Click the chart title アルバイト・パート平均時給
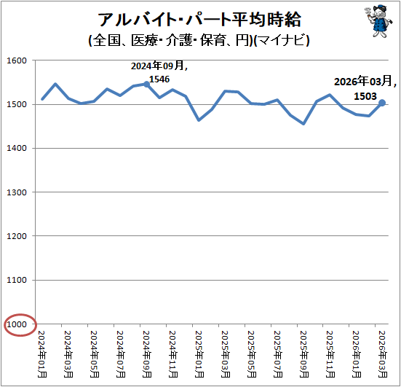point(199,20)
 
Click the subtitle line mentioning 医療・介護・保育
point(199,40)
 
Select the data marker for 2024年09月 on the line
point(146,85)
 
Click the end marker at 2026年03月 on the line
point(382,103)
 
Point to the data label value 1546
point(159,79)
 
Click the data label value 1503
point(365,96)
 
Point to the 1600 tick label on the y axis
point(17,60)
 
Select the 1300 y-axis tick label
point(17,192)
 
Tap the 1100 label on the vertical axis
point(17,280)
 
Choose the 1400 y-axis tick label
point(17,148)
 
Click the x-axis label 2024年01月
point(42,354)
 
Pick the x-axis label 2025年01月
point(199,354)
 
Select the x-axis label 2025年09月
point(303,354)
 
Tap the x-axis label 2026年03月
point(382,354)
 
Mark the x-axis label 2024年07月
point(121,354)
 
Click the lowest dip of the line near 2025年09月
point(303,124)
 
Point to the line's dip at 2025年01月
point(199,120)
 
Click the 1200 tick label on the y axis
point(17,236)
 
